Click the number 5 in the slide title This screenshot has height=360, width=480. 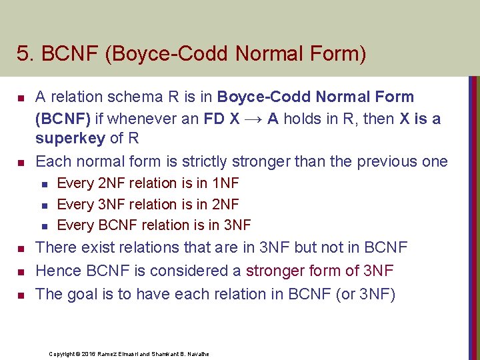(22, 54)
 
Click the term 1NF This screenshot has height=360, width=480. (224, 183)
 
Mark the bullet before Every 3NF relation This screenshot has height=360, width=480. (44, 204)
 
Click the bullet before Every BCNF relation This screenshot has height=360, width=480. (44, 225)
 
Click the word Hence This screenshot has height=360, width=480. (57, 271)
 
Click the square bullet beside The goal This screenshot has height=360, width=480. (21, 294)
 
